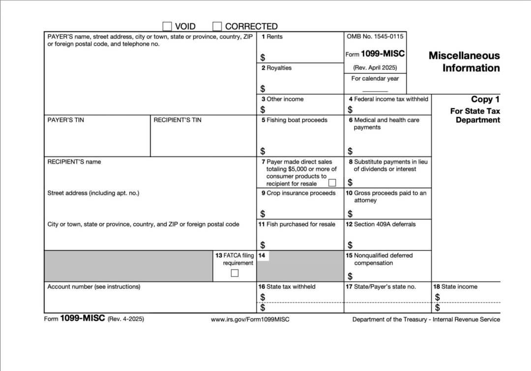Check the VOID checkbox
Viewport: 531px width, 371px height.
167,26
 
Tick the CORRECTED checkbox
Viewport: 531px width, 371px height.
217,26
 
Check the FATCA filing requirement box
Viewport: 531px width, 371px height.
235,273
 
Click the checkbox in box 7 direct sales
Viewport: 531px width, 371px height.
332,183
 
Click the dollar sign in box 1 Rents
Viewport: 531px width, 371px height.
263,58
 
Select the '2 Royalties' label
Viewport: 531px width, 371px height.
276,68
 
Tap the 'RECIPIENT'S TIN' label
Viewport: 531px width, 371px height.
177,120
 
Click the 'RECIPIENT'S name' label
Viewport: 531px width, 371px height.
74,162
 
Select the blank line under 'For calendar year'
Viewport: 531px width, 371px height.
375,91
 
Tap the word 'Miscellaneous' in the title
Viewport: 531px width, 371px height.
464,56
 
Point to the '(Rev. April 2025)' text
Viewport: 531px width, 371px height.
375,68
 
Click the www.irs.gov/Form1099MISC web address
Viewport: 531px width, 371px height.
250,320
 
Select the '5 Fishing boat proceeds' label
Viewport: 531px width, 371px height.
294,120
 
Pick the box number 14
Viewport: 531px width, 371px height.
262,256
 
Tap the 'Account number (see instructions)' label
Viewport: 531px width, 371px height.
93,287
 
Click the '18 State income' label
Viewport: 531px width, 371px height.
455,287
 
